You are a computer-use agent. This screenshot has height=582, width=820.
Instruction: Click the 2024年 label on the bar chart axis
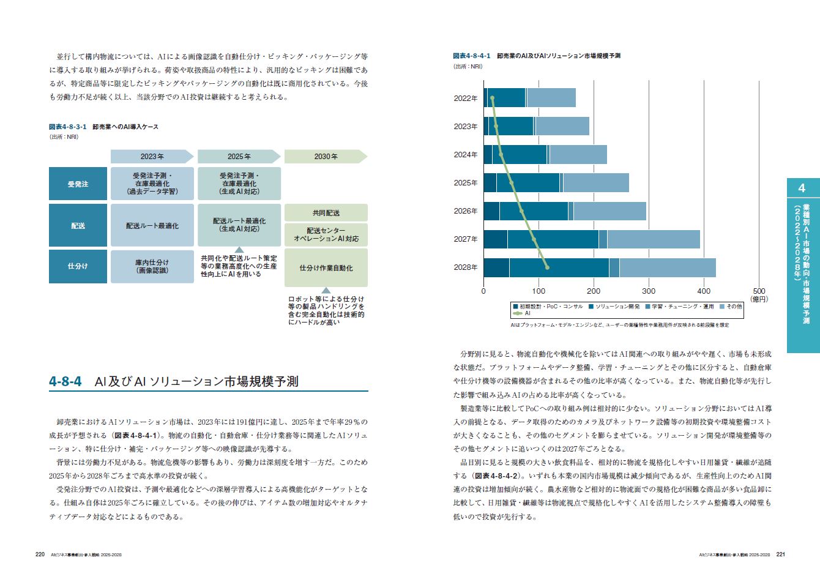pos(466,155)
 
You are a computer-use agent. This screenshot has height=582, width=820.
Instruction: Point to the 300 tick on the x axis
pos(649,291)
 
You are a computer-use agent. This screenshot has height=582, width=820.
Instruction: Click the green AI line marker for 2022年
pos(492,98)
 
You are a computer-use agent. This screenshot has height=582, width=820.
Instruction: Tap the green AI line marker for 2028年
pos(547,267)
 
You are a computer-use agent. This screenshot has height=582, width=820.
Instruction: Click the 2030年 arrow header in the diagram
pos(326,157)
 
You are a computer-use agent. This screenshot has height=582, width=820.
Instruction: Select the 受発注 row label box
pos(78,184)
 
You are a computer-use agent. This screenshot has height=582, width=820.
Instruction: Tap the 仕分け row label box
pos(78,266)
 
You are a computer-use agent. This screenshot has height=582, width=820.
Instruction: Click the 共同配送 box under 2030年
pos(326,213)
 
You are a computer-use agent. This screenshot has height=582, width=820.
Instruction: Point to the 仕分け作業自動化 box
pos(326,268)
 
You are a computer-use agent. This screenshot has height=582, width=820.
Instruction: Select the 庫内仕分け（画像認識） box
pos(152,266)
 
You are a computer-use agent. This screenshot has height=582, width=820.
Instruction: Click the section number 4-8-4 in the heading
pos(65,382)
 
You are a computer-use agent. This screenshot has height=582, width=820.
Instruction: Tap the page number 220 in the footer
pos(40,554)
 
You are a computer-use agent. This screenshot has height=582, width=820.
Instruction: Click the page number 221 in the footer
pos(780,554)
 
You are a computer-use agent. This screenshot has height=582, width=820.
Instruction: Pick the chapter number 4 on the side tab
pos(802,188)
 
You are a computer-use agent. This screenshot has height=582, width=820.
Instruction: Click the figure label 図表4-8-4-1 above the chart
pos(471,56)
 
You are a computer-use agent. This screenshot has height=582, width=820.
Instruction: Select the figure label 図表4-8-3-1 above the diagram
pos(67,127)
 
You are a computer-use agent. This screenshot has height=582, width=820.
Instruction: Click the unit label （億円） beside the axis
pos(759,299)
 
